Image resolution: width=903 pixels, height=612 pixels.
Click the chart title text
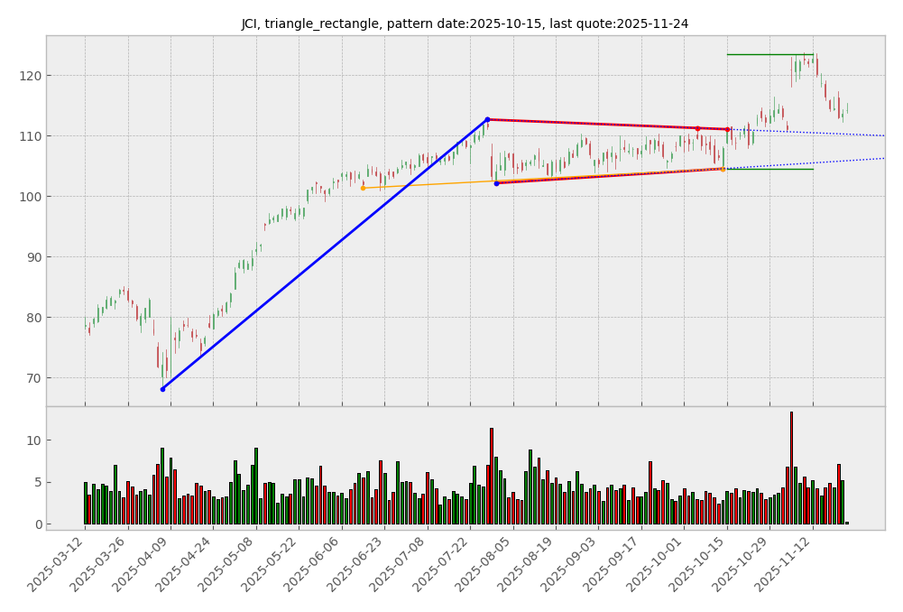pos(465,24)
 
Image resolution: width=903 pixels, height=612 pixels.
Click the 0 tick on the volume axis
pos(35,524)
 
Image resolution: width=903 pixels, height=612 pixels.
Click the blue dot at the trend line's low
pos(162,389)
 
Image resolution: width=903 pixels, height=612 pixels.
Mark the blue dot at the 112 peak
pos(487,119)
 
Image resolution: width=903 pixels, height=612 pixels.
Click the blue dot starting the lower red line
pos(496,183)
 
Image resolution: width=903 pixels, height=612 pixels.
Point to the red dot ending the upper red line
pos(727,129)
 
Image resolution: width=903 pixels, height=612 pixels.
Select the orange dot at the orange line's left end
pos(363,188)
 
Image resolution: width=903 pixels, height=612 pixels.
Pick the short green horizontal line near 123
pos(769,55)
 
